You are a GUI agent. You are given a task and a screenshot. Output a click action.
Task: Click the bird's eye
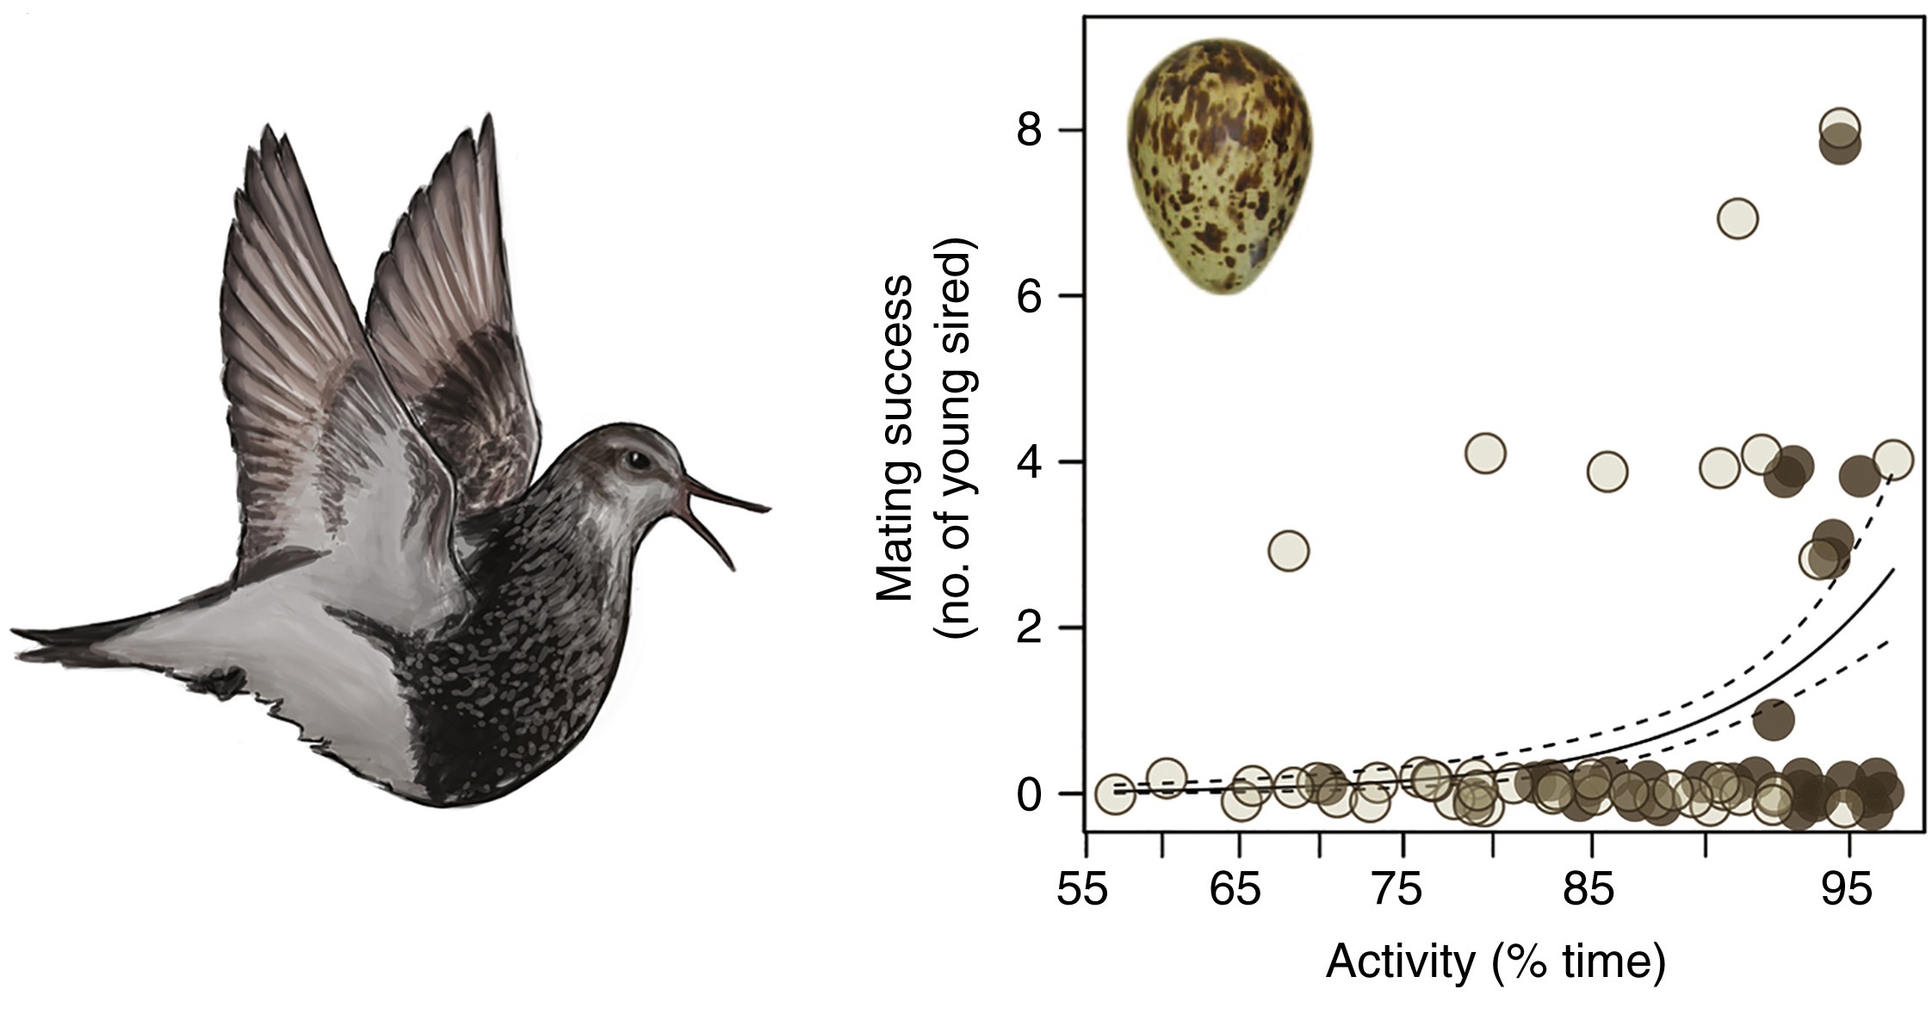[637, 461]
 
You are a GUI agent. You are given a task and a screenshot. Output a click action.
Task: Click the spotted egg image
[1221, 167]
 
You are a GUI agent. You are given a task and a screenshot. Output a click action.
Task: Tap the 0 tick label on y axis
[1030, 795]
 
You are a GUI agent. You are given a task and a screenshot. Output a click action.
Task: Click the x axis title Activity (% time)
[1495, 962]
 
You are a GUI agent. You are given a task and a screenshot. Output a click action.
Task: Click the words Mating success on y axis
[894, 439]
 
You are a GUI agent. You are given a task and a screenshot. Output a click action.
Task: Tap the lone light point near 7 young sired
[1737, 219]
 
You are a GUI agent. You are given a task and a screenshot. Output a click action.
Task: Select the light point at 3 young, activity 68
[1288, 550]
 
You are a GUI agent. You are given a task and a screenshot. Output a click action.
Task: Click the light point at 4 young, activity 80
[1484, 453]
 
